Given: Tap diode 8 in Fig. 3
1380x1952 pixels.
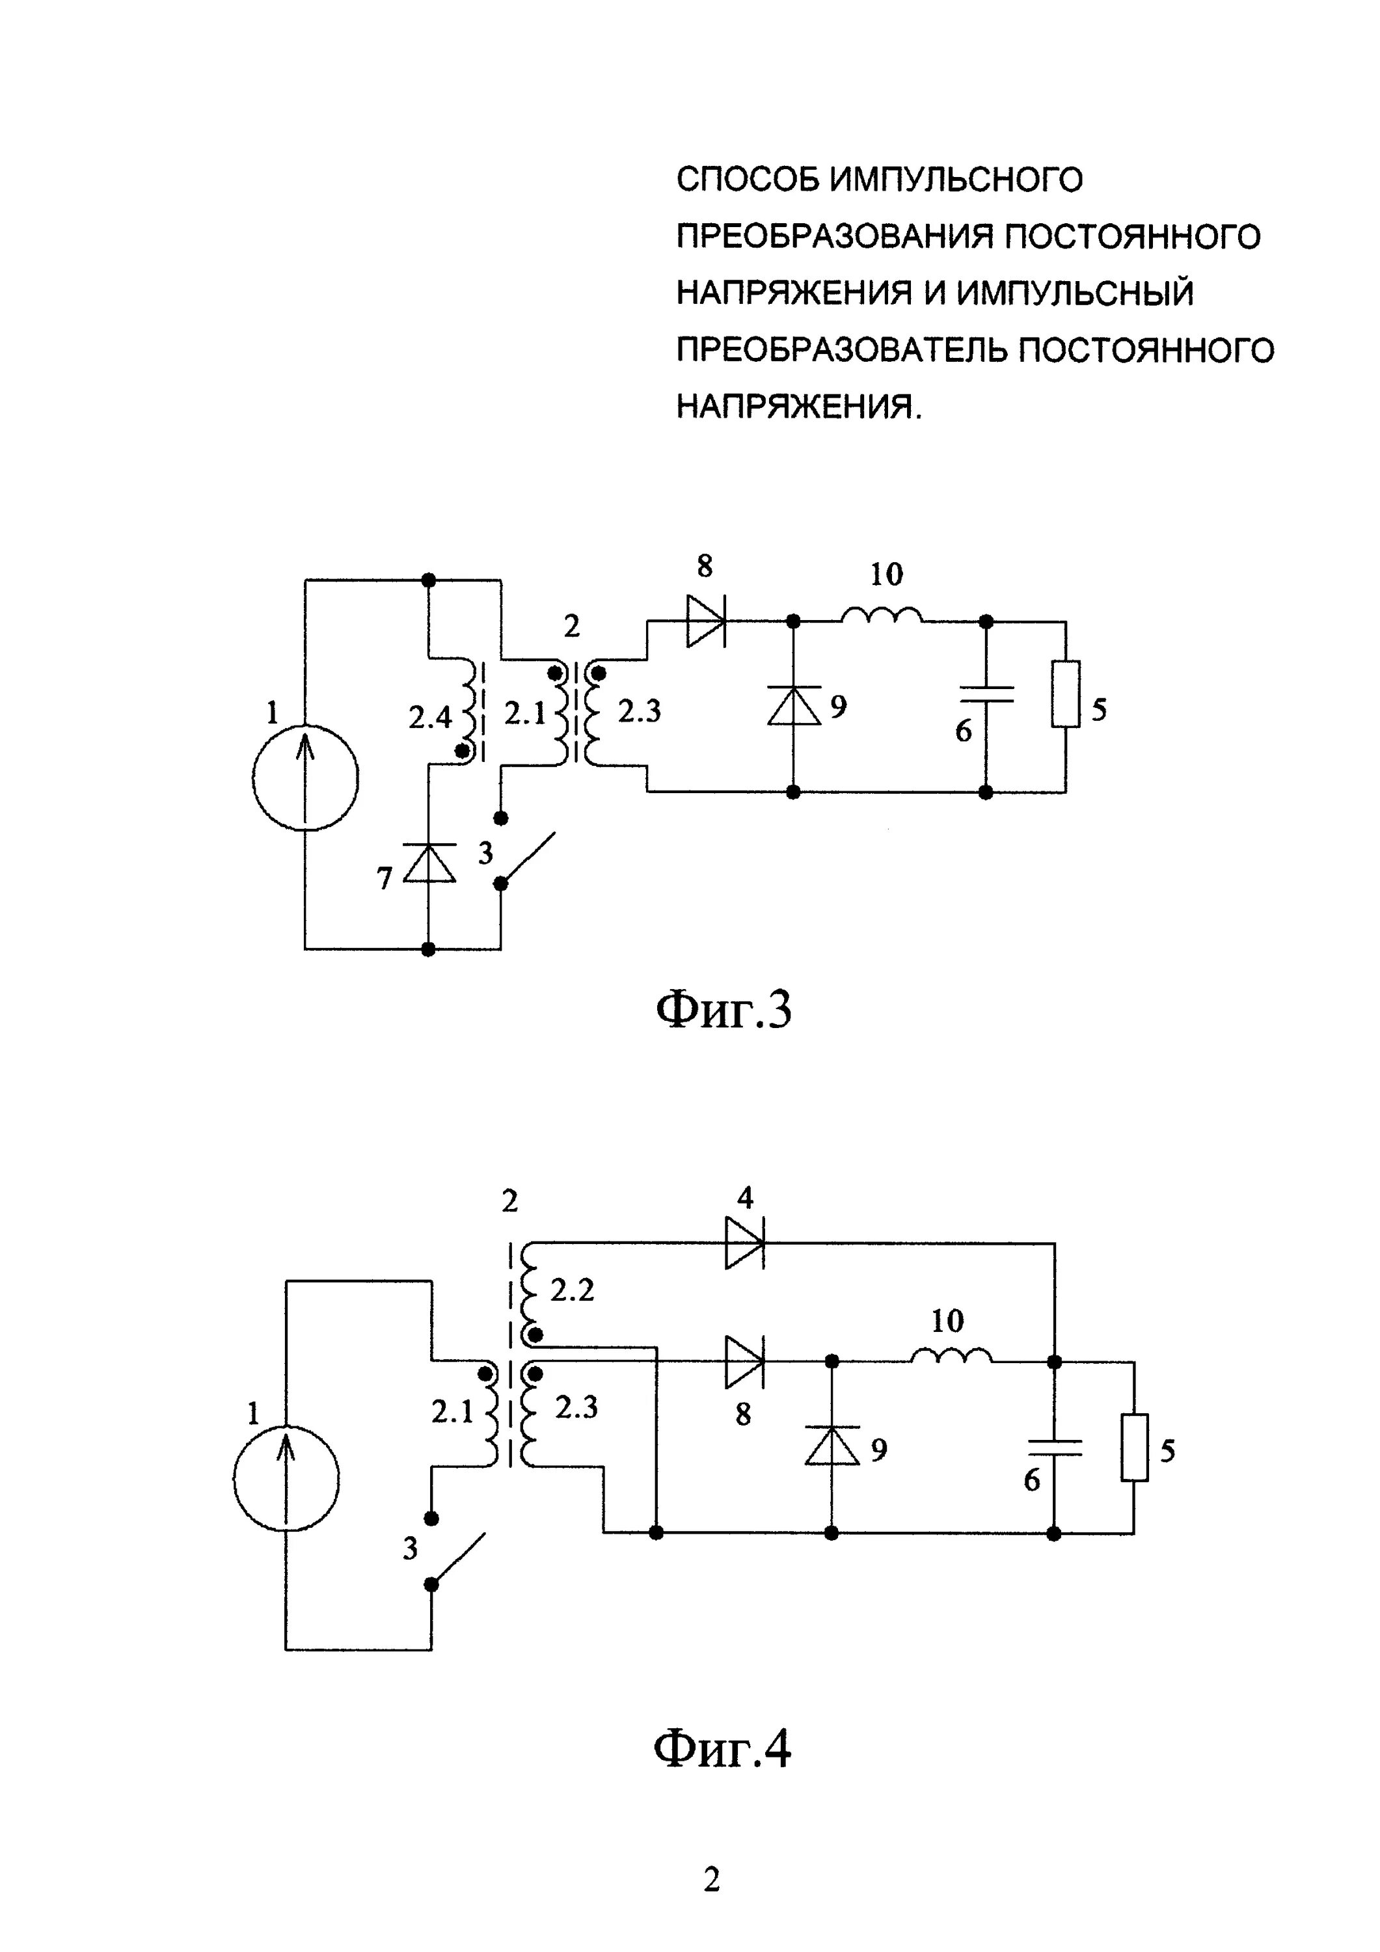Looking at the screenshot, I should tap(706, 621).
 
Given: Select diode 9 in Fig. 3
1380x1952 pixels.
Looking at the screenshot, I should tap(793, 705).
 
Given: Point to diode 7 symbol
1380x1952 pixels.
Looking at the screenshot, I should tap(429, 863).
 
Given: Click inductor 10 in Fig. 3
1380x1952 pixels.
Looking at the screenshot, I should tap(882, 616).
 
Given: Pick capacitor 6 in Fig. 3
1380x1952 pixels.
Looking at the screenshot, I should tap(986, 694).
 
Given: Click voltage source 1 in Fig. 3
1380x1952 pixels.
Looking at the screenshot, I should tap(305, 777).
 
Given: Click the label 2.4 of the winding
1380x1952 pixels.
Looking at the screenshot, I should tap(430, 718).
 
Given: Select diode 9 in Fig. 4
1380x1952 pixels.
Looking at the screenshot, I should tap(832, 1446).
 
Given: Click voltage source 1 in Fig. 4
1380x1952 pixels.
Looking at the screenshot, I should tap(286, 1480).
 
